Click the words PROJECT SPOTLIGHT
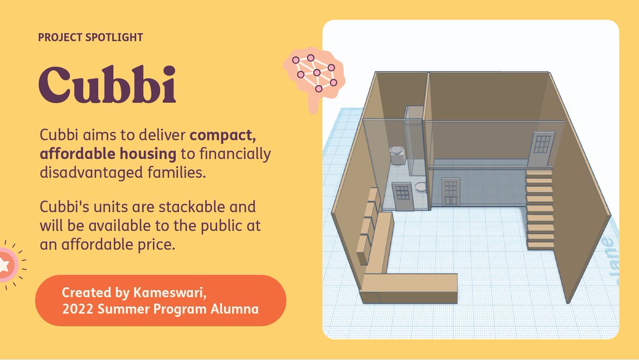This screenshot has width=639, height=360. [91, 38]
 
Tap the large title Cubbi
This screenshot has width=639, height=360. [107, 86]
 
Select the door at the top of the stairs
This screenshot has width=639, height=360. [542, 149]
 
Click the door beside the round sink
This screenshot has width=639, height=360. [401, 197]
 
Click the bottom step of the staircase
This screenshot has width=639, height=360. [540, 246]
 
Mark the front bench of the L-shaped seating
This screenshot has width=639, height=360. [409, 288]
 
